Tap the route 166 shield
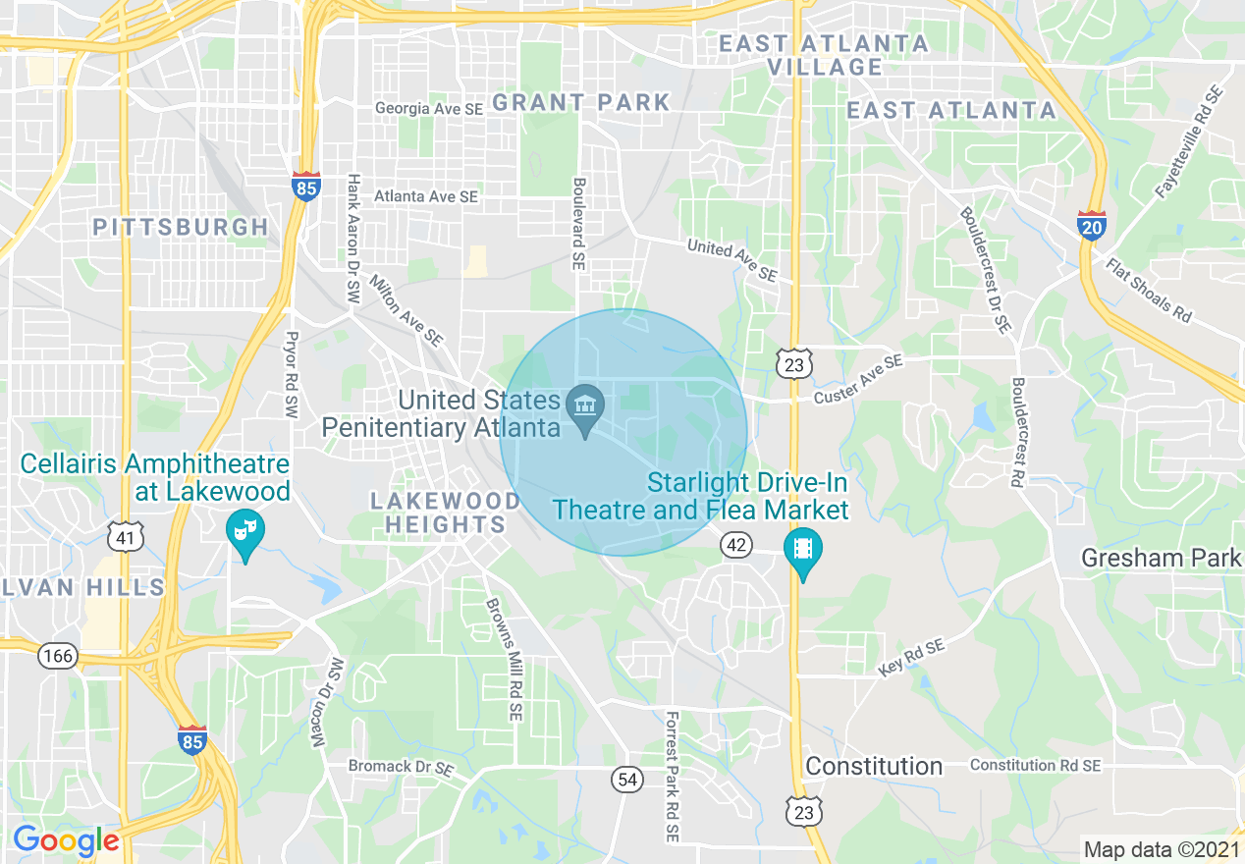[x=59, y=656]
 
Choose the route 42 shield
[x=736, y=544]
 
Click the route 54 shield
[x=627, y=780]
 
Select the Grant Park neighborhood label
[x=580, y=102]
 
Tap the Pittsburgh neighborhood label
[x=181, y=227]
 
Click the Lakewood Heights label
[x=446, y=513]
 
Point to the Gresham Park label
[x=1161, y=559]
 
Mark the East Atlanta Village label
[x=825, y=55]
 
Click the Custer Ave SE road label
[x=857, y=380]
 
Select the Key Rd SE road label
[x=911, y=657]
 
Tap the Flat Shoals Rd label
[x=1148, y=291]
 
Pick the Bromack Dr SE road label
[x=400, y=765]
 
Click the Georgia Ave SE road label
[x=429, y=109]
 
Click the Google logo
[x=66, y=840]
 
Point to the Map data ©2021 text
[x=1161, y=849]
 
